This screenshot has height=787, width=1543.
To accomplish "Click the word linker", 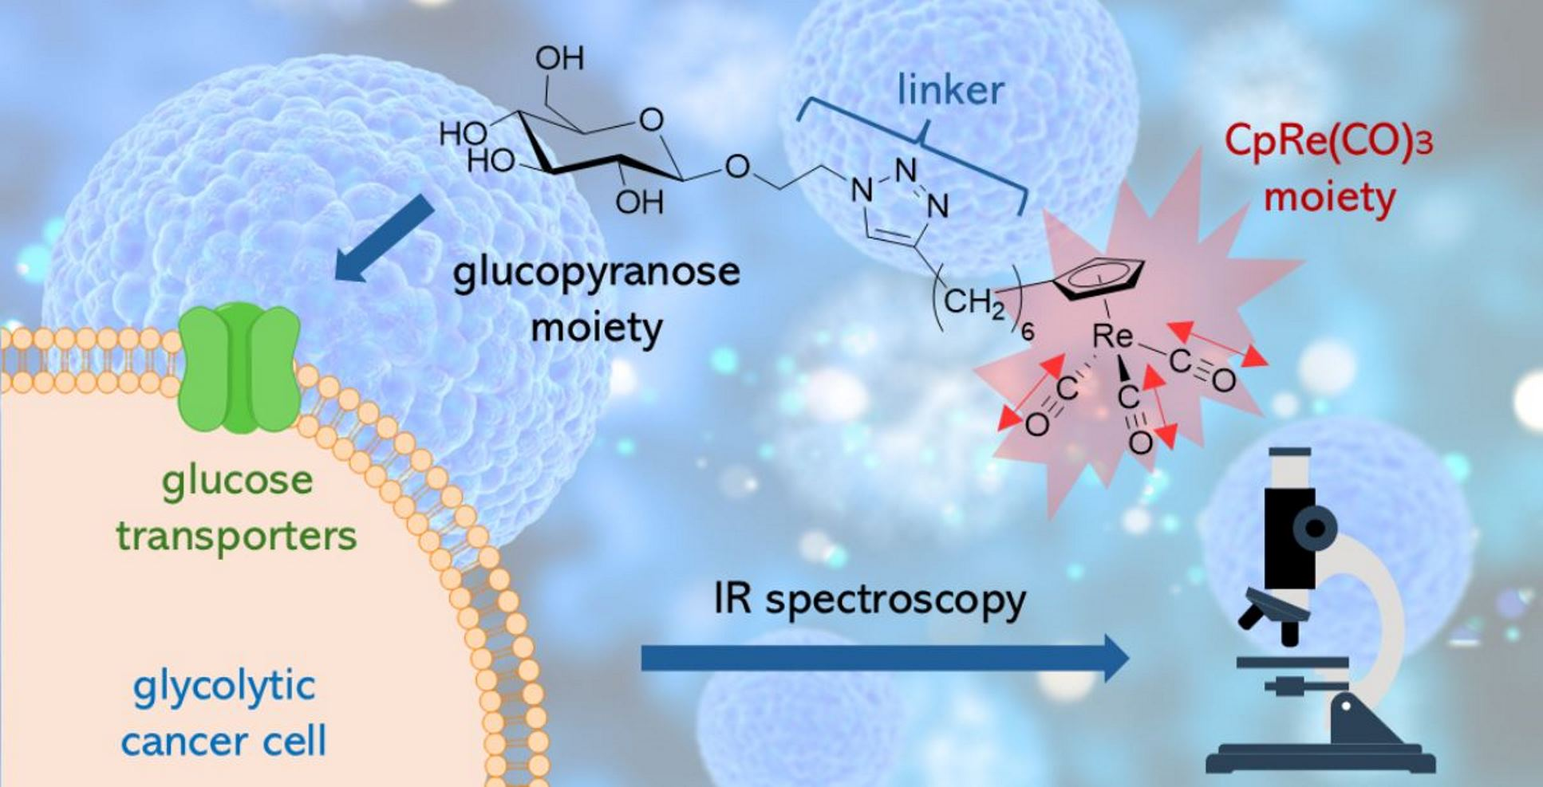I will click(x=949, y=89).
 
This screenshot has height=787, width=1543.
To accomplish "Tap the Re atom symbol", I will click(x=1112, y=336).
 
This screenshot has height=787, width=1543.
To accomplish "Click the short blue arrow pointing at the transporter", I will click(x=384, y=238).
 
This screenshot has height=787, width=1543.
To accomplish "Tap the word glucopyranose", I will click(x=596, y=273).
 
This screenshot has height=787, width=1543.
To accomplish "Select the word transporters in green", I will click(x=236, y=536).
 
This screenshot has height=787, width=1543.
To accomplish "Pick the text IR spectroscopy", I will click(x=869, y=600).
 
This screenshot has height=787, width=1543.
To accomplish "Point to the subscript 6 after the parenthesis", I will click(x=1028, y=330).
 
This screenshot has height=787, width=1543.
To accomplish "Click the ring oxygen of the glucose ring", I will click(x=651, y=120).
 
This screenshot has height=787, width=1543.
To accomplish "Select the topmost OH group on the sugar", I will click(x=559, y=57).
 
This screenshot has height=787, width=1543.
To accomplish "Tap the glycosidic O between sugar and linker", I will click(x=737, y=167).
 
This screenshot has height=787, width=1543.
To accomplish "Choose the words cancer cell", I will click(x=224, y=742).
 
